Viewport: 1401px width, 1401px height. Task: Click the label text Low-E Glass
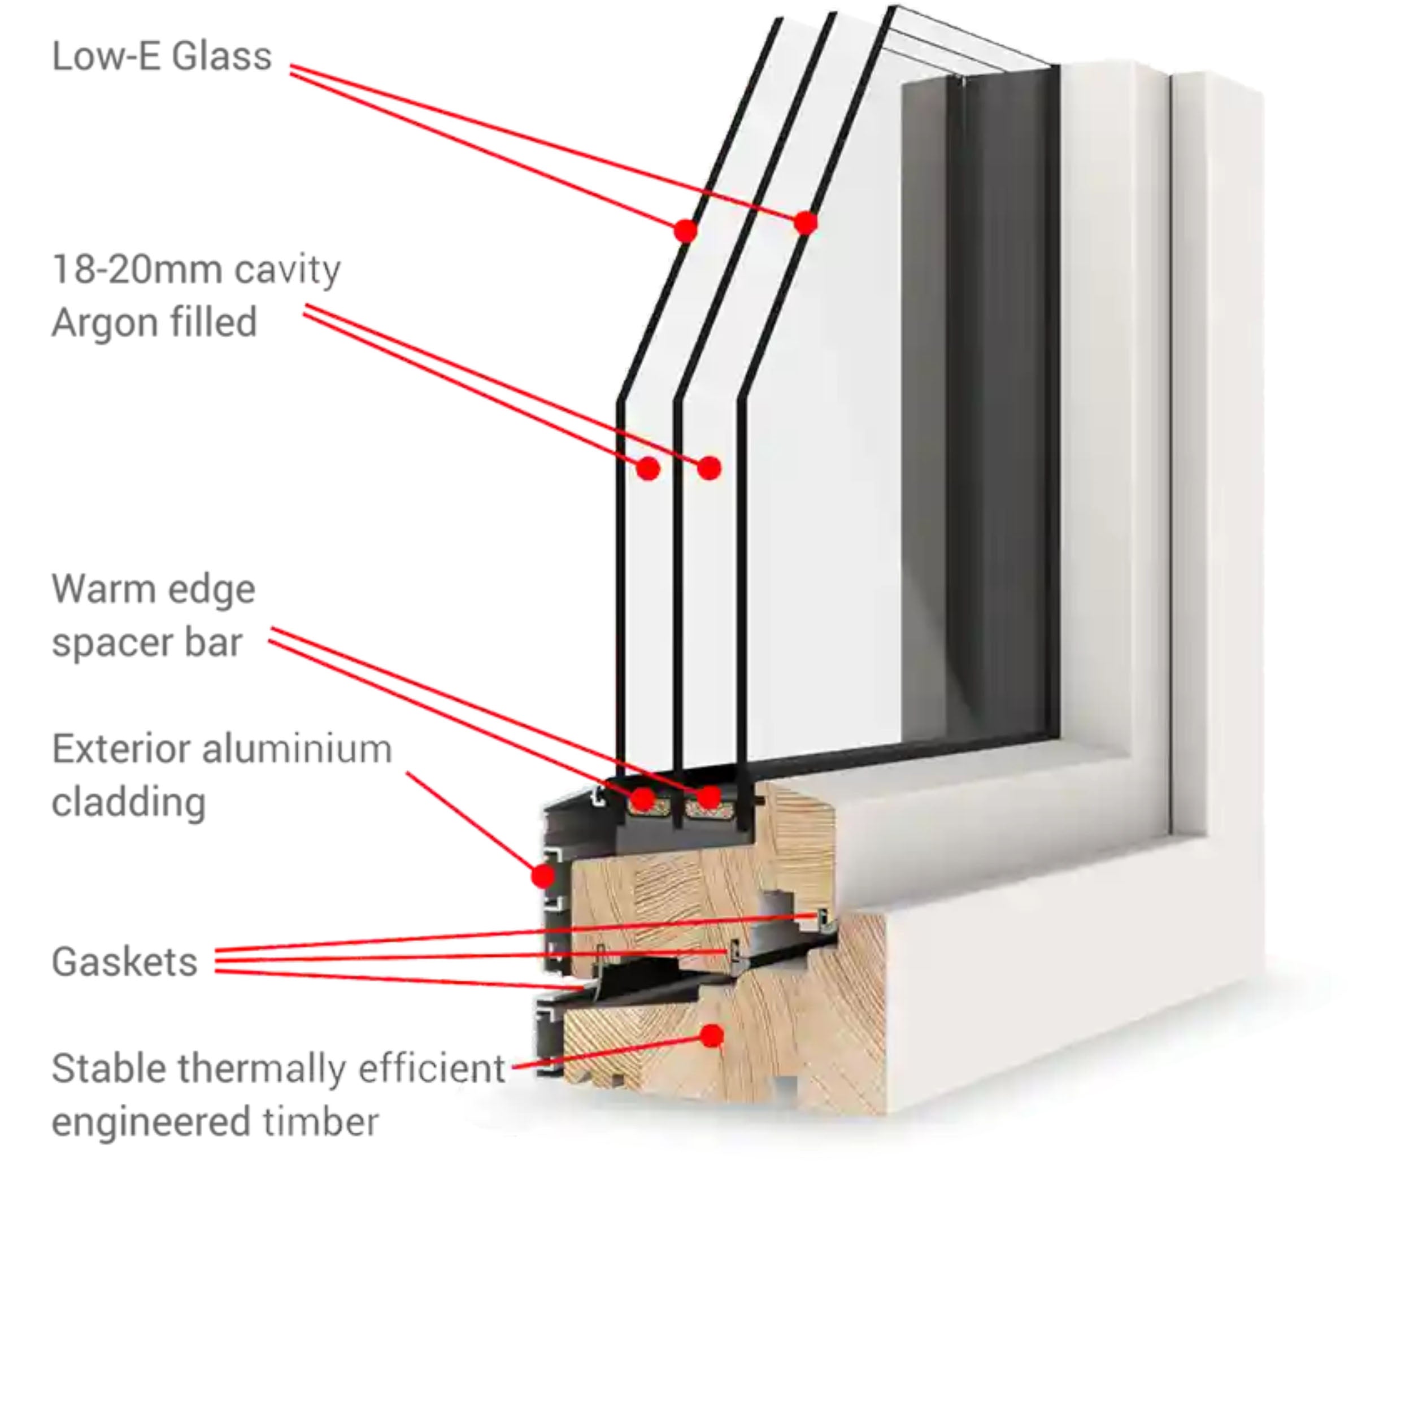162,56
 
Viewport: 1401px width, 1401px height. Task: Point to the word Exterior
123,749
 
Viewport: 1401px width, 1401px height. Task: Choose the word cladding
128,802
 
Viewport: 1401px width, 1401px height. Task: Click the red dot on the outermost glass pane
685,230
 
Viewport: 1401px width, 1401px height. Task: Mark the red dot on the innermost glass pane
805,223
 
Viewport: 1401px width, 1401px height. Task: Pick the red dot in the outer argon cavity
647,468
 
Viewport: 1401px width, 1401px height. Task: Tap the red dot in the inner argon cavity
709,468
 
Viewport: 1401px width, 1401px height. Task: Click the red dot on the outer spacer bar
642,800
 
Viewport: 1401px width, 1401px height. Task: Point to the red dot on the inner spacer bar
708,798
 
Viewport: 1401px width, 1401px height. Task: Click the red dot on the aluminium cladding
542,877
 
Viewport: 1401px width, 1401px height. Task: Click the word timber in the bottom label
320,1122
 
